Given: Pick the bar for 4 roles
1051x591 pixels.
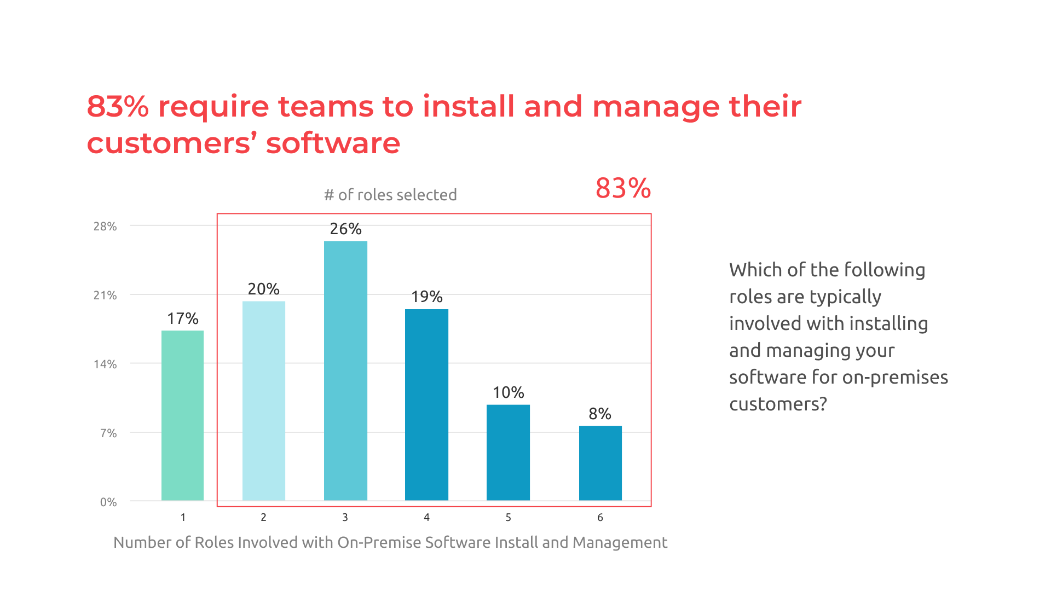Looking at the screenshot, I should point(426,404).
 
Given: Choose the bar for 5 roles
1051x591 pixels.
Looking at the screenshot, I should point(508,452).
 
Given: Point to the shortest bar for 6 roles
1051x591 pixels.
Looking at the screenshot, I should point(600,462).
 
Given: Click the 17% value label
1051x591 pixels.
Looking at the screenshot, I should point(182,318).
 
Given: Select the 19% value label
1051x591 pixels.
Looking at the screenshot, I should point(426,297).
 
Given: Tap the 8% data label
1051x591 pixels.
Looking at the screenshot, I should point(600,414).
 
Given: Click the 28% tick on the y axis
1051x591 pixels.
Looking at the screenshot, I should point(105,227).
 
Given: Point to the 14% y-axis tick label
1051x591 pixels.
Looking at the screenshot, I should point(105,364).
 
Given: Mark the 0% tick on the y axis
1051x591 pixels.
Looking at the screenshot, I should point(108,502).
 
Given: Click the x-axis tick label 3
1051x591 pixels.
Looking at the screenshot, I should point(345,517).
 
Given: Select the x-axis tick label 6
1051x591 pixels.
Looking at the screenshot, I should point(600,517).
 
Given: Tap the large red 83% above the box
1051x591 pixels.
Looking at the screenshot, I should point(623,188).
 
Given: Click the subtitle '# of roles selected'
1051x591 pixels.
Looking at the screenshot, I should point(390,195).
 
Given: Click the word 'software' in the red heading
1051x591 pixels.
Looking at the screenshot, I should point(333,143).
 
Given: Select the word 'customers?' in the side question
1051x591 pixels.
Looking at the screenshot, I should point(778,404).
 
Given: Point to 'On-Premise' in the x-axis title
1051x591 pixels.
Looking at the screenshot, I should point(379,542).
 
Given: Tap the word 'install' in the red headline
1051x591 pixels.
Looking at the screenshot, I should point(469,106).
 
